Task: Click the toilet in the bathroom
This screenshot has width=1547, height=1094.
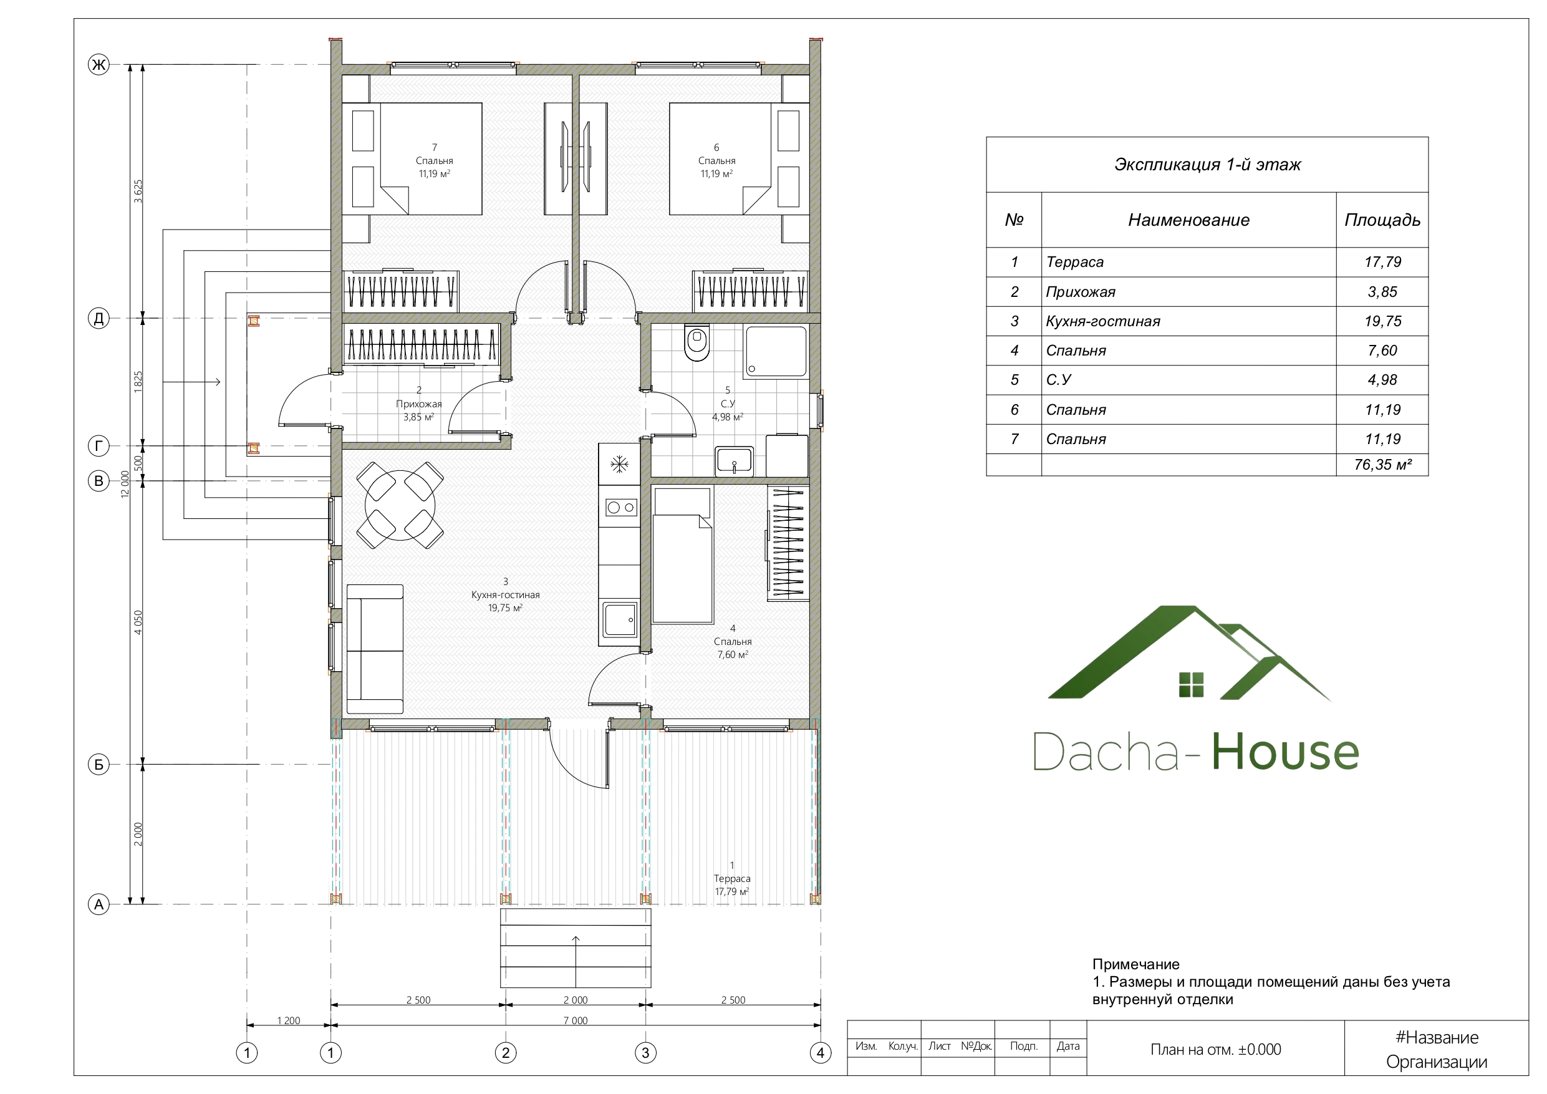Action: [696, 342]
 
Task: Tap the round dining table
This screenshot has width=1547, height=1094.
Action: [400, 505]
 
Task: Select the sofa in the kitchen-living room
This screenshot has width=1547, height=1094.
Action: [375, 649]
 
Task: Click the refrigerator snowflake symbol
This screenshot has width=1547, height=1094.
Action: [619, 464]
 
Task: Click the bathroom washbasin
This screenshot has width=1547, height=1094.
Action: [734, 460]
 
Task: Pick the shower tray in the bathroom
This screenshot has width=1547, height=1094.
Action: [775, 351]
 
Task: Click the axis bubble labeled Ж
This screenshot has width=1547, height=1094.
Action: [99, 65]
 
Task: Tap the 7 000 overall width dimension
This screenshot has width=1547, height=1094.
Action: [576, 1020]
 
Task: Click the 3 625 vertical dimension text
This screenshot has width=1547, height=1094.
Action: [138, 191]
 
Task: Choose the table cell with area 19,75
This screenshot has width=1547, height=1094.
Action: [1382, 321]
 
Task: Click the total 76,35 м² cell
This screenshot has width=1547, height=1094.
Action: [1382, 465]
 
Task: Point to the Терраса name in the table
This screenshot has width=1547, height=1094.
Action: [1075, 262]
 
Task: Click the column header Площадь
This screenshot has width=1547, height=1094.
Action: [1382, 220]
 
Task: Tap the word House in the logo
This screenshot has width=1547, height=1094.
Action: [1286, 752]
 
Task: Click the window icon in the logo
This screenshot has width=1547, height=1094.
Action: [1191, 684]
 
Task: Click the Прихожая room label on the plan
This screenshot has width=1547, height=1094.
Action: [418, 404]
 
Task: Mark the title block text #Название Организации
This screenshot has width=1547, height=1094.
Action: [1437, 1050]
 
